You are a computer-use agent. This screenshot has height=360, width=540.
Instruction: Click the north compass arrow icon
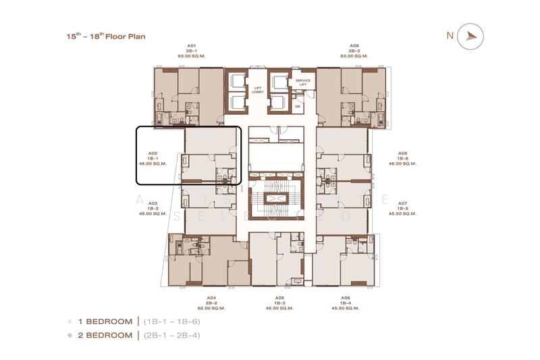pos(470,36)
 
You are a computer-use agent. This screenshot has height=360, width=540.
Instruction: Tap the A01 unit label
pos(191,45)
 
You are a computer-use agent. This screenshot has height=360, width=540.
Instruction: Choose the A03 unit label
pos(152,203)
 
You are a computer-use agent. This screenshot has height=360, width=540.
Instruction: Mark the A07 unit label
pos(402,203)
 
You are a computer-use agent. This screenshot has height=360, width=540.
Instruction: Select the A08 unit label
pos(402,153)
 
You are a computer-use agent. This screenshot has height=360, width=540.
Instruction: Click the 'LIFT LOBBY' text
pos(257,90)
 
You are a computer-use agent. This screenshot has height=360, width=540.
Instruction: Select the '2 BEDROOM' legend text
pos(105,335)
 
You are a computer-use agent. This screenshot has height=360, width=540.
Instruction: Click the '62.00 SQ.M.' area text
pos(211,308)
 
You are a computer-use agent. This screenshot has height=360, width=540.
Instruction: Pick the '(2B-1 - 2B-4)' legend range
pos(171,335)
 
